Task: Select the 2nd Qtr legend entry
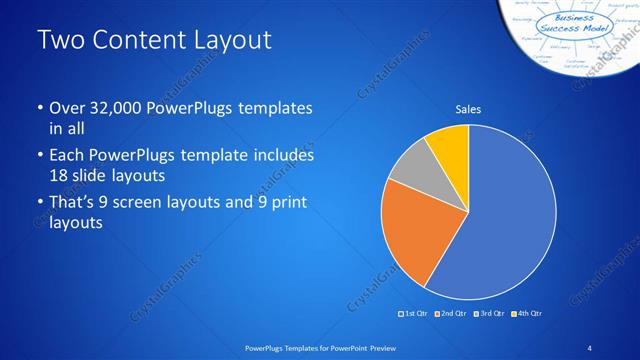452,314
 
